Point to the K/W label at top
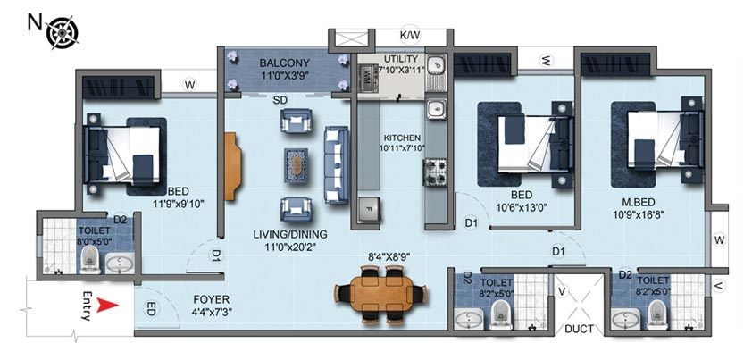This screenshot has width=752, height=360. pos(410,36)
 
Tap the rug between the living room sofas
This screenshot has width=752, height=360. pos(297,163)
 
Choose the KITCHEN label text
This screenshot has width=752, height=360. pos(402,138)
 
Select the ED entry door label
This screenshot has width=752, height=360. pos(150,308)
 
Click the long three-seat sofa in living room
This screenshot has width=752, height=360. pos(336,163)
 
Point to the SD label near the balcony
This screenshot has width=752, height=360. pos(279,100)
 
